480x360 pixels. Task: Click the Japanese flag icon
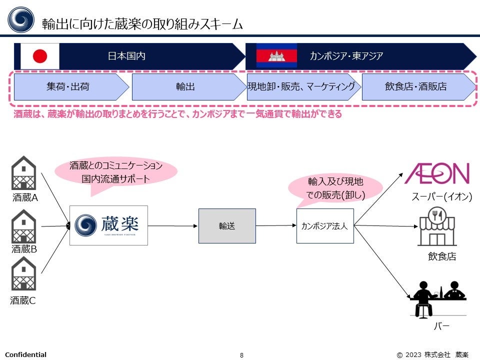[x=40, y=56]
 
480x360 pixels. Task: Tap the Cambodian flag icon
[x=276, y=55]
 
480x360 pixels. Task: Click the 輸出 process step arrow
[x=185, y=86]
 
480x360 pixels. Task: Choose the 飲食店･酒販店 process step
[x=416, y=86]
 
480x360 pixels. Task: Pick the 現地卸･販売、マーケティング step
[x=301, y=86]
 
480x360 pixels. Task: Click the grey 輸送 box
[x=227, y=226]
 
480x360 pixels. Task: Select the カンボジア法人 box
[x=325, y=226]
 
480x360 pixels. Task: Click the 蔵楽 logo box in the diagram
[x=108, y=225]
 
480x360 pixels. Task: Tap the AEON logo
[x=437, y=173]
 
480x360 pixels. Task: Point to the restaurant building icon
[x=436, y=227]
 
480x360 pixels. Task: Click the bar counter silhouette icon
[x=437, y=299]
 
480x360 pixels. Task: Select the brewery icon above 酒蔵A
[x=24, y=173]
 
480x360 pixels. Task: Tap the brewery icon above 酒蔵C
[x=24, y=274]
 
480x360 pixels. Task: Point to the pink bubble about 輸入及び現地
[x=335, y=188]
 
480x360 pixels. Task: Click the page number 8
[x=241, y=355]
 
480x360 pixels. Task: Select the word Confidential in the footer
[x=25, y=354]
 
